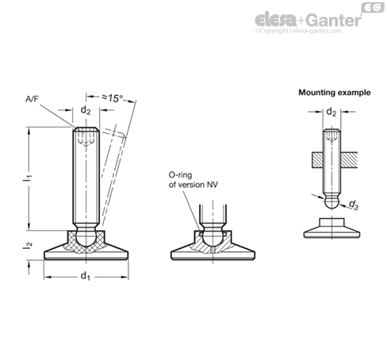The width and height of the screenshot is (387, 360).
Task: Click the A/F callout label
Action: pos(32,99)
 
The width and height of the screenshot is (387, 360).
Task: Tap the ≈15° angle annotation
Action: pos(113,98)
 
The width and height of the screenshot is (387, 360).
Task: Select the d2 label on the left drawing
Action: pos(86,110)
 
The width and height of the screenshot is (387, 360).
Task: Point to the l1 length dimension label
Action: pos(27,179)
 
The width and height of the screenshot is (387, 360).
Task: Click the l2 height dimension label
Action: pos(28,245)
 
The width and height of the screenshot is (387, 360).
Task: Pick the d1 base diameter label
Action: pos(86,276)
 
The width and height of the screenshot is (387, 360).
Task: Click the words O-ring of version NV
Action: pos(193,180)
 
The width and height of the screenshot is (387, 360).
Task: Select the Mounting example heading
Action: pos(335,93)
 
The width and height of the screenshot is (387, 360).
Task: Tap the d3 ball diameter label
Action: pos(354,205)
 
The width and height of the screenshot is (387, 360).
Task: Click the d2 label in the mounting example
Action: pos(331,112)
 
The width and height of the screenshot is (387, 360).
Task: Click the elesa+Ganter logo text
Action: pos(308,20)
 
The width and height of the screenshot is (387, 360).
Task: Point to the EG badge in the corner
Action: pos(373,7)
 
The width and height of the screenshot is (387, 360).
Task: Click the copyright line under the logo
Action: pos(298,31)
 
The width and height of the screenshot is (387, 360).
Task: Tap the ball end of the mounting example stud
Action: pos(331,202)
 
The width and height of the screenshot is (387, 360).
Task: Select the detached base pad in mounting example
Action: pos(331,228)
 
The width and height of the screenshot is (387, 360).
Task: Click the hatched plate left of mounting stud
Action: pos(317,160)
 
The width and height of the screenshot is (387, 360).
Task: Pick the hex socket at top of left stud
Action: pos(86,138)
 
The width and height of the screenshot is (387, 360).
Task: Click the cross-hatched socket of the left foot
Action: pos(86,242)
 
